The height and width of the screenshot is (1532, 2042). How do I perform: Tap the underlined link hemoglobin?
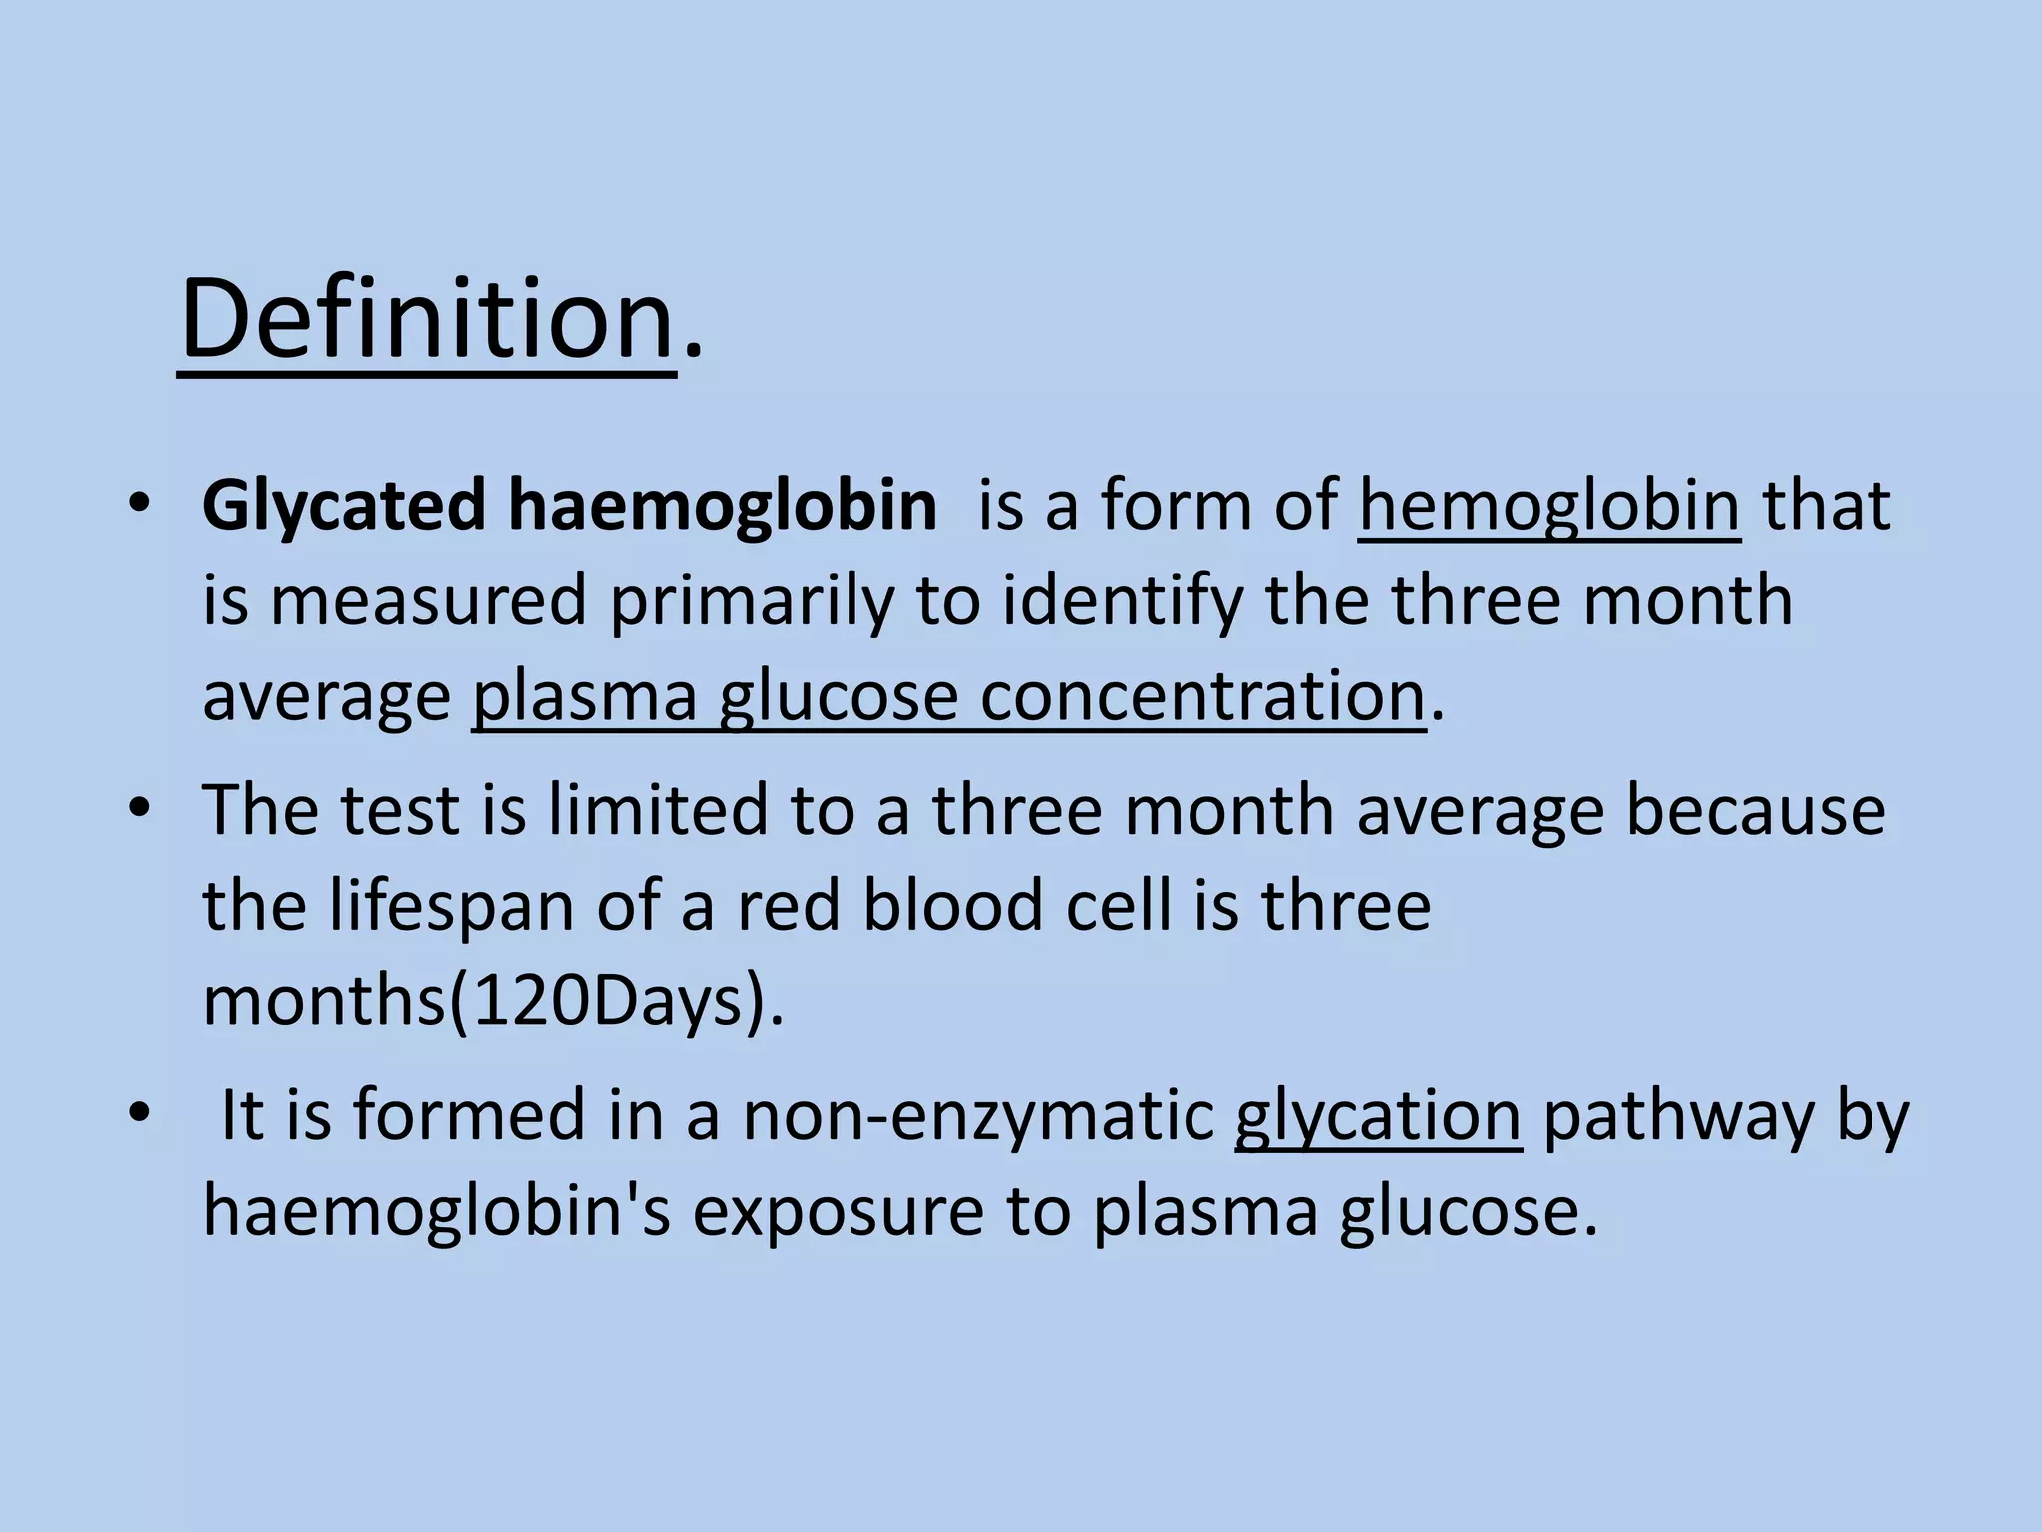click(1548, 505)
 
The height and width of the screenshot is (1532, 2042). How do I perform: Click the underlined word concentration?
click(1201, 696)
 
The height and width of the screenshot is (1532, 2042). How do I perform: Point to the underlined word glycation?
click(1378, 1115)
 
